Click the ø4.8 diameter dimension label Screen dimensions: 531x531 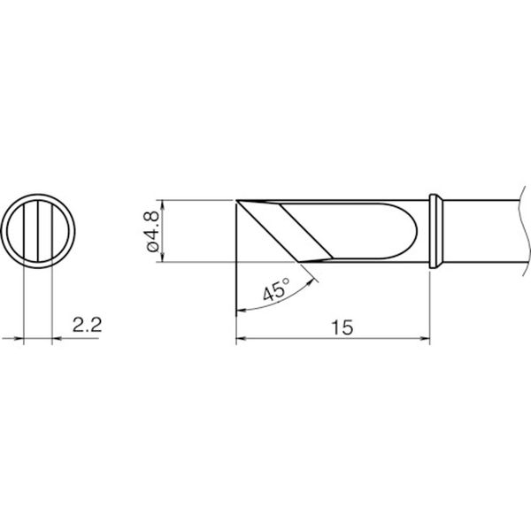tap(153, 231)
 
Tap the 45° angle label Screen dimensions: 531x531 tap(276, 289)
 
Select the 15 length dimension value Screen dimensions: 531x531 tap(342, 327)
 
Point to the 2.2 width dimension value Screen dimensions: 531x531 tap(87, 325)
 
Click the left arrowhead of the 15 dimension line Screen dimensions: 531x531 tap(240, 338)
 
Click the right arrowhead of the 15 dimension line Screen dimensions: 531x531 tap(426, 338)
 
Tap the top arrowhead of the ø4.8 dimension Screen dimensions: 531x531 tap(163, 204)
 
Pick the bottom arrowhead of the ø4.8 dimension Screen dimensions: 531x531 tap(163, 258)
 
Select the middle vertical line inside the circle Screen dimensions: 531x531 tap(38, 231)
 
